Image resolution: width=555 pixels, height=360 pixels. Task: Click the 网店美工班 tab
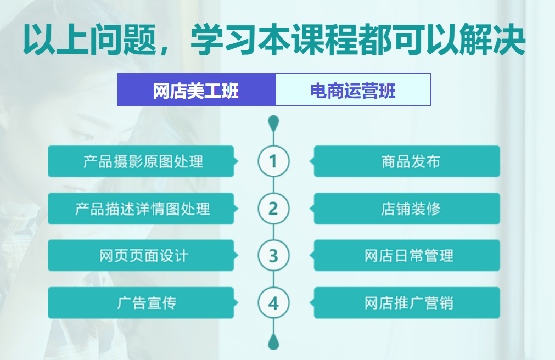click(196, 90)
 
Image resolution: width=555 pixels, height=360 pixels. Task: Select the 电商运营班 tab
click(353, 90)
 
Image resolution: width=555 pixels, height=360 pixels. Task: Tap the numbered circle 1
click(273, 161)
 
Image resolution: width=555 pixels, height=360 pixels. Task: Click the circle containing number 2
click(273, 209)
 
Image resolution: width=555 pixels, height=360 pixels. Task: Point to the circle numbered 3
click(273, 256)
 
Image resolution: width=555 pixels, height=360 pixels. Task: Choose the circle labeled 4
click(273, 303)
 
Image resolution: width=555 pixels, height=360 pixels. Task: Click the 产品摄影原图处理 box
click(143, 161)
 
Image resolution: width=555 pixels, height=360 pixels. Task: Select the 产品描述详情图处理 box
click(143, 209)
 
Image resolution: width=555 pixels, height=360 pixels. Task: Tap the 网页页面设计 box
click(143, 256)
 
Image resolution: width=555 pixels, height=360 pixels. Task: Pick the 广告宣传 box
click(143, 303)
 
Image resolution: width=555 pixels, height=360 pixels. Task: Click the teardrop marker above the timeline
click(273, 122)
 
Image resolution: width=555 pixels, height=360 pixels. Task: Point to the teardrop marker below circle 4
click(273, 342)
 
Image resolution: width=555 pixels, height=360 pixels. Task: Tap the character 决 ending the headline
click(509, 40)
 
